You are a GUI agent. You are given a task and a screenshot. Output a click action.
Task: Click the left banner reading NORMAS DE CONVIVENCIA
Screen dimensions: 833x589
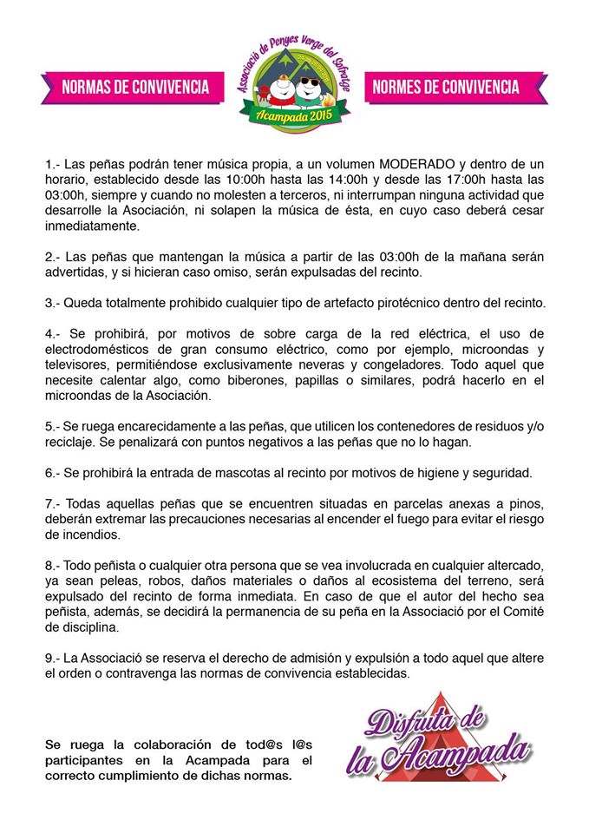[x=135, y=87]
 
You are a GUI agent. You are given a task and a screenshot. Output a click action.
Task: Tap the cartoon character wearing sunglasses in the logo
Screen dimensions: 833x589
[x=309, y=87]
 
